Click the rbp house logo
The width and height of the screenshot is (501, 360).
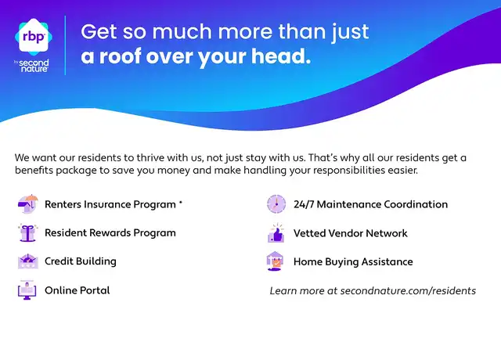[x=34, y=36]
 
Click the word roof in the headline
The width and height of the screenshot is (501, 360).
[x=120, y=56]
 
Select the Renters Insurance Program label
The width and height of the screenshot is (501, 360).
[x=110, y=204]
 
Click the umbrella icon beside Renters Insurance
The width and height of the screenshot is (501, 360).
[x=28, y=203]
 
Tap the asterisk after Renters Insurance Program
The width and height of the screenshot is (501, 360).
[x=181, y=202]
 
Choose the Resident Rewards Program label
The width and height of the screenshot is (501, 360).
[x=110, y=233]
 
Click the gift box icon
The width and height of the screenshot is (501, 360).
[x=28, y=232]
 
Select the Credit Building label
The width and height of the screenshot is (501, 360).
[x=81, y=261]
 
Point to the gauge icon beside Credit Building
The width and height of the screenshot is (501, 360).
[x=28, y=261]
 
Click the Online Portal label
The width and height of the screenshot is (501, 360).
[x=77, y=290]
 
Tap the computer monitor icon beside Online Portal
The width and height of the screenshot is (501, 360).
[x=27, y=290]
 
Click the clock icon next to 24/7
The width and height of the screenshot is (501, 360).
[x=276, y=203]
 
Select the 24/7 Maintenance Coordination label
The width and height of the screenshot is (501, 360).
[x=370, y=204]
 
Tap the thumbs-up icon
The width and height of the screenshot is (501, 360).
[x=276, y=233]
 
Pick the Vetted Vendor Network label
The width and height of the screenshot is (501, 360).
[x=351, y=233]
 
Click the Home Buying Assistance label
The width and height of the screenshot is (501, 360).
[x=353, y=262]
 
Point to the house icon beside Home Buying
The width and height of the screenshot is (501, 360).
[x=275, y=261]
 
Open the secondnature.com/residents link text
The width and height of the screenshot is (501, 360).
[x=408, y=290]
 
